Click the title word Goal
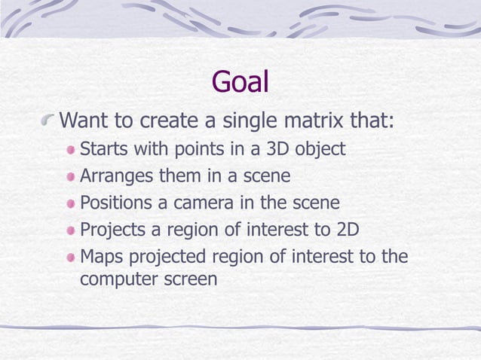pyautogui.click(x=240, y=82)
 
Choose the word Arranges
pyautogui.click(x=116, y=175)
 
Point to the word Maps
pyautogui.click(x=102, y=258)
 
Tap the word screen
pyautogui.click(x=190, y=279)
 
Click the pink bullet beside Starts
pyautogui.click(x=70, y=149)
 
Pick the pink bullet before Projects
pyautogui.click(x=70, y=230)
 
